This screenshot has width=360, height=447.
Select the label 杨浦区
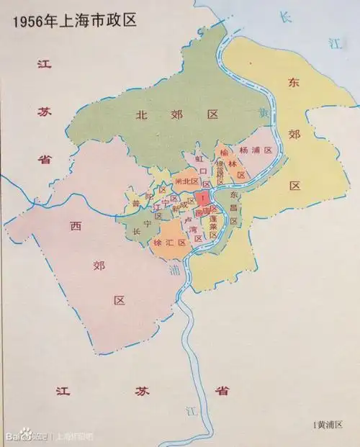pyautogui.click(x=257, y=150)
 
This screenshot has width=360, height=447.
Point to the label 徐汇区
pyautogui.click(x=170, y=243)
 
